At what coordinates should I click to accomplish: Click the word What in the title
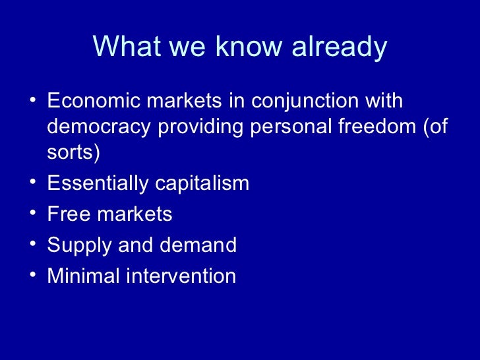[125, 47]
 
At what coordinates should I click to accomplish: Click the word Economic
[95, 102]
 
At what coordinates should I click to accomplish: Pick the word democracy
[100, 127]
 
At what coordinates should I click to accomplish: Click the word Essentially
[98, 183]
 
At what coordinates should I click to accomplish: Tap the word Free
[69, 214]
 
